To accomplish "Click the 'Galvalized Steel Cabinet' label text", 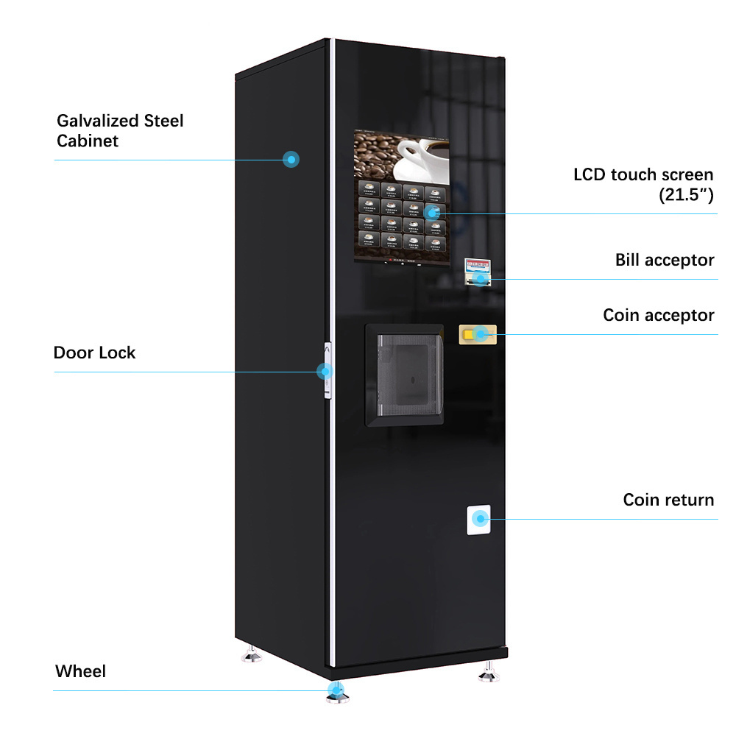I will (120, 130).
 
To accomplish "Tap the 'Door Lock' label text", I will (94, 353).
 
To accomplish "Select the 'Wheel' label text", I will (80, 671).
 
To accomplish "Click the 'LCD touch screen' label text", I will (643, 175).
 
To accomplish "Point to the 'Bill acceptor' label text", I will (665, 260).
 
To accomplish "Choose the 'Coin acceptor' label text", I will (659, 315).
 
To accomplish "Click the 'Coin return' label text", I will (668, 500).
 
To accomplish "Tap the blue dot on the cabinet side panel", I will (291, 158).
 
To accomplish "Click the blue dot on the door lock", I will (323, 372).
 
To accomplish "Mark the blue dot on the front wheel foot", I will (336, 690).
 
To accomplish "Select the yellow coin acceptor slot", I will (478, 334).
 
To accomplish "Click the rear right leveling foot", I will (486, 672).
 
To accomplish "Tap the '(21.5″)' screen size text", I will (685, 195).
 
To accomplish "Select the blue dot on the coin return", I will (481, 519).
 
